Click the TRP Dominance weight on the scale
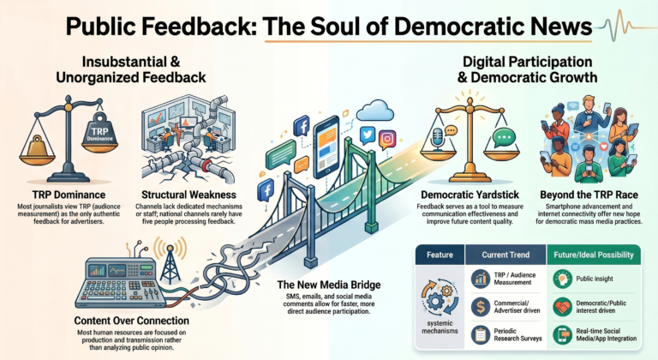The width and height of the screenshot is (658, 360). click(x=99, y=131)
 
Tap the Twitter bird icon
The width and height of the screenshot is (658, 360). click(x=368, y=135)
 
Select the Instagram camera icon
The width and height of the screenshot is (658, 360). click(x=388, y=139)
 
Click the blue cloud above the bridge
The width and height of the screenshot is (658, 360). click(x=375, y=111)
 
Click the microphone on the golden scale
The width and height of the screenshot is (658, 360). click(x=438, y=138)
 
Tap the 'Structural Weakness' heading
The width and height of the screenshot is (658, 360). click(x=188, y=195)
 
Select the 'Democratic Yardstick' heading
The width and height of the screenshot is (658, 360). click(x=470, y=195)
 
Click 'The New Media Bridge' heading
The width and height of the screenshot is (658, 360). click(x=329, y=285)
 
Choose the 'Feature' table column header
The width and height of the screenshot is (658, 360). click(x=440, y=255)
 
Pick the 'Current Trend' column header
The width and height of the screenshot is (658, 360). click(x=505, y=255)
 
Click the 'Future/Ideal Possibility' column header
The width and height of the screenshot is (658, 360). click(x=594, y=255)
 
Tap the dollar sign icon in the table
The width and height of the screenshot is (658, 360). click(x=481, y=307)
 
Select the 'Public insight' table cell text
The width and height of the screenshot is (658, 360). click(x=595, y=279)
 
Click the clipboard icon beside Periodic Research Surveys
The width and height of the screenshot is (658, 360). click(x=481, y=335)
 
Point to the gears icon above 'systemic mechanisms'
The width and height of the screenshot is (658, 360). click(x=440, y=297)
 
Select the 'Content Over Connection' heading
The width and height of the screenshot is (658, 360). click(x=132, y=321)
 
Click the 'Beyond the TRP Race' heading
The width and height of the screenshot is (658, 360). click(x=589, y=195)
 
